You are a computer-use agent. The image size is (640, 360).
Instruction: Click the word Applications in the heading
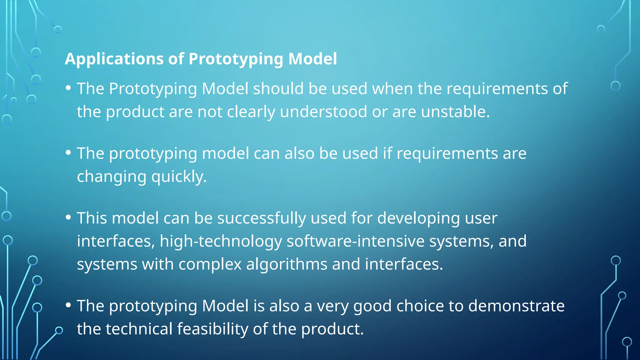click(x=114, y=59)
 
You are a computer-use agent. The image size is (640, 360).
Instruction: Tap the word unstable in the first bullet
click(x=455, y=112)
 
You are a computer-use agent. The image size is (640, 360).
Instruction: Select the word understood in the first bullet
click(x=323, y=112)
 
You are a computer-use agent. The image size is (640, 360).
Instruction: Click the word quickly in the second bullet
click(x=179, y=177)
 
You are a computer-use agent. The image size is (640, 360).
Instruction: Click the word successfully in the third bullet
click(x=262, y=218)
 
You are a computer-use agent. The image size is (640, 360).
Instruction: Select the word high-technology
click(x=221, y=241)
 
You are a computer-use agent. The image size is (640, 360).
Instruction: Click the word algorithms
click(x=287, y=264)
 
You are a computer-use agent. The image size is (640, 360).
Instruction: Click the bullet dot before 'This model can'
click(x=68, y=217)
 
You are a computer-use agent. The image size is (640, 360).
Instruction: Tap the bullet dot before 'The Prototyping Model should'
click(x=68, y=88)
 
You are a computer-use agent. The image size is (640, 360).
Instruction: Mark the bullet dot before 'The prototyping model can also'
click(x=68, y=152)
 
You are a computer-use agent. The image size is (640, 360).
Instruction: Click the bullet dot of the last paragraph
click(x=68, y=305)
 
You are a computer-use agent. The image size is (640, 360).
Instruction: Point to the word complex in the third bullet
click(x=210, y=264)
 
